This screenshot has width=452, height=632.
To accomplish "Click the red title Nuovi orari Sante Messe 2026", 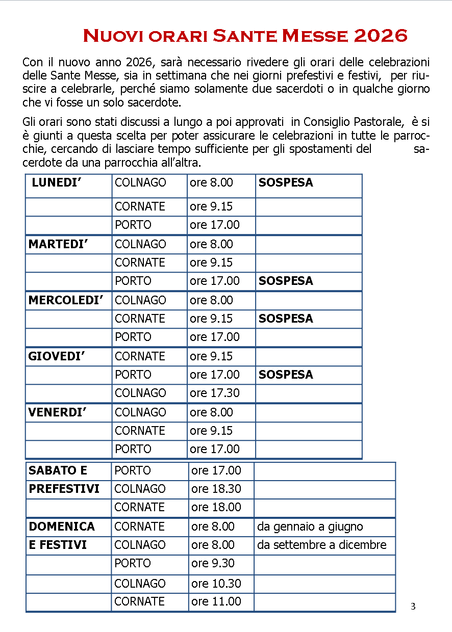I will click(245, 36).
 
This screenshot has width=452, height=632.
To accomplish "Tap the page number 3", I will click(413, 607).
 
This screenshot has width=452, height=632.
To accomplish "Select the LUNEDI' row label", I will click(57, 182).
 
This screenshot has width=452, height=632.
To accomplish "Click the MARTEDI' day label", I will click(58, 244).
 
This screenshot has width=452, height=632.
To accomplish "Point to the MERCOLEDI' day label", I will click(66, 300).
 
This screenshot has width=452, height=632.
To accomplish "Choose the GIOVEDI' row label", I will click(56, 356).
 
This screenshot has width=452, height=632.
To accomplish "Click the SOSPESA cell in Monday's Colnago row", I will click(286, 182).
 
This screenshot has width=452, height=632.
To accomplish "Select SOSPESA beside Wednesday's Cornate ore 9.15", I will click(286, 319).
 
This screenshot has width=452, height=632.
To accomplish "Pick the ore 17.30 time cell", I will click(215, 393).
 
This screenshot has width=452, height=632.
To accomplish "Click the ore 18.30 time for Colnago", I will click(216, 489).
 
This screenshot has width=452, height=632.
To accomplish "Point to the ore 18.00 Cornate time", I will click(216, 507).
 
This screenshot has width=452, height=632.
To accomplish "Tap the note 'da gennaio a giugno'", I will click(310, 526).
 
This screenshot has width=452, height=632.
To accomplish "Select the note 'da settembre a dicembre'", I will click(322, 545).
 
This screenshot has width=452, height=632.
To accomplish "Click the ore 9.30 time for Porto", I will click(213, 563).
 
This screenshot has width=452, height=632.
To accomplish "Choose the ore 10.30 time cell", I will click(216, 584).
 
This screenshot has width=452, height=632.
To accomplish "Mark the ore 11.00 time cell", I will click(216, 601).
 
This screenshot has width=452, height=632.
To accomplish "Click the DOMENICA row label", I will click(62, 526).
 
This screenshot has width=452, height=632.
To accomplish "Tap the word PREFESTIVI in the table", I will click(64, 489).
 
